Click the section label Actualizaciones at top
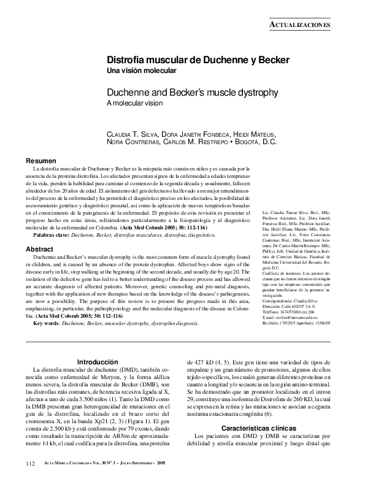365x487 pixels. pos(301,24)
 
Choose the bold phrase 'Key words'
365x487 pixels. pos(48,323)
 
